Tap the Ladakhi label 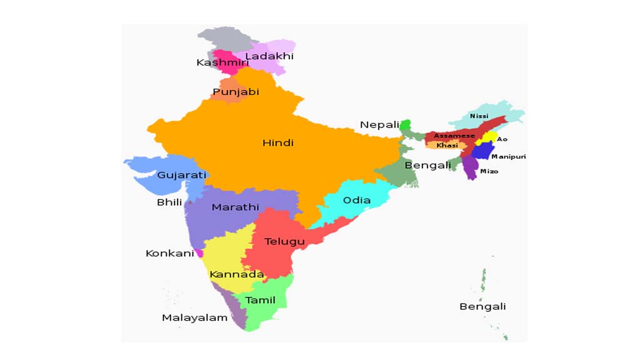269,56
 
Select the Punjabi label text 236,92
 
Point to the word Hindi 277,143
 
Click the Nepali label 379,125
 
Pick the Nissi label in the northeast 479,116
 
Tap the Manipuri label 508,156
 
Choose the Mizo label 489,171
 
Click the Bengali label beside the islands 482,306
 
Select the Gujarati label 181,176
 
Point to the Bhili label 169,202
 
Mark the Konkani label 169,253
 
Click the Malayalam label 194,317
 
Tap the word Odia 356,201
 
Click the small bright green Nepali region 406,126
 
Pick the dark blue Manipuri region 482,151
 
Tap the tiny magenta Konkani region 199,253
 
